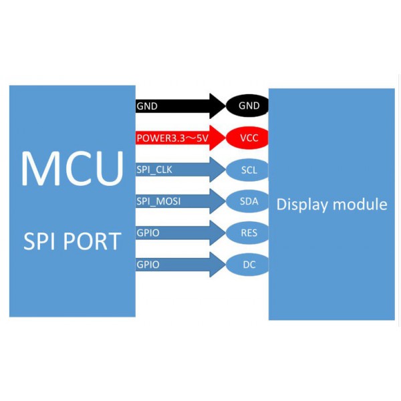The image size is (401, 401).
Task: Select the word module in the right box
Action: coord(362,204)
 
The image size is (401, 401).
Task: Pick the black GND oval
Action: coord(248,106)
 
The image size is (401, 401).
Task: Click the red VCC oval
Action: coord(248,138)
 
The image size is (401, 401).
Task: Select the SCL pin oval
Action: coord(248,170)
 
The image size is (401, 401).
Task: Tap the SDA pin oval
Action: coord(248,201)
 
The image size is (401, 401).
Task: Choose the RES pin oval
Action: coord(248,233)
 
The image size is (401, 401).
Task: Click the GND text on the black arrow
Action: coord(147,106)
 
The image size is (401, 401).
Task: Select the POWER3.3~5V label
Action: coord(172,139)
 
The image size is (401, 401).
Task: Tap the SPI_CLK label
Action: coord(154,170)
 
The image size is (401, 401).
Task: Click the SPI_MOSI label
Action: coord(158,201)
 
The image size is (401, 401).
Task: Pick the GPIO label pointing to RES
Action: coord(148,233)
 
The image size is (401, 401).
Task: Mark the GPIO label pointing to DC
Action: coord(148,265)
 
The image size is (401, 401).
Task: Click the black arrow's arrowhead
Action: coord(218,106)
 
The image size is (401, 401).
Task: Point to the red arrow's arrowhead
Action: coord(218,138)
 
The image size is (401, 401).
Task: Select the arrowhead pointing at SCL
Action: coord(218,170)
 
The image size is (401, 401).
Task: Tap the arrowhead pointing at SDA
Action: coord(218,201)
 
